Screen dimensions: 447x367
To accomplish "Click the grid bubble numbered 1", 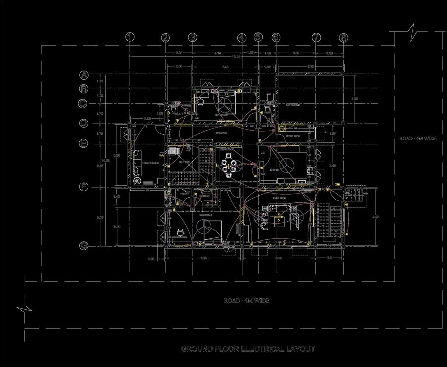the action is click(x=130, y=37).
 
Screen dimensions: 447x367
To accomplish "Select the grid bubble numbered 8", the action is click(x=344, y=37).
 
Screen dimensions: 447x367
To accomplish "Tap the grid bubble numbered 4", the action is click(x=241, y=37).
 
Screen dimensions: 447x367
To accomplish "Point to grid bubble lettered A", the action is click(x=84, y=75).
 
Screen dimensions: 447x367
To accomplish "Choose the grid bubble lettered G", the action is click(x=84, y=246).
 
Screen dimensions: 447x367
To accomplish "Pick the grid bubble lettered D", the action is click(x=84, y=123).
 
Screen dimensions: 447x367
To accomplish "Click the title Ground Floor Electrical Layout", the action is click(x=248, y=349).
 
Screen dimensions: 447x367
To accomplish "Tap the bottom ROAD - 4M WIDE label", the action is click(x=246, y=301).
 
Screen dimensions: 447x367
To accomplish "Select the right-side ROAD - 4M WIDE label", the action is click(x=418, y=139).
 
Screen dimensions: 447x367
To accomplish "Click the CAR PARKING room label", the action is click(x=293, y=105).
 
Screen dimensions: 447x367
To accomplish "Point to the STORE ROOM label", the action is click(x=294, y=136).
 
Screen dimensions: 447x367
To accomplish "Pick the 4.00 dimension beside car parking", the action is click(x=354, y=99).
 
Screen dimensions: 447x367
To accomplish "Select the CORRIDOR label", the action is click(x=221, y=133).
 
